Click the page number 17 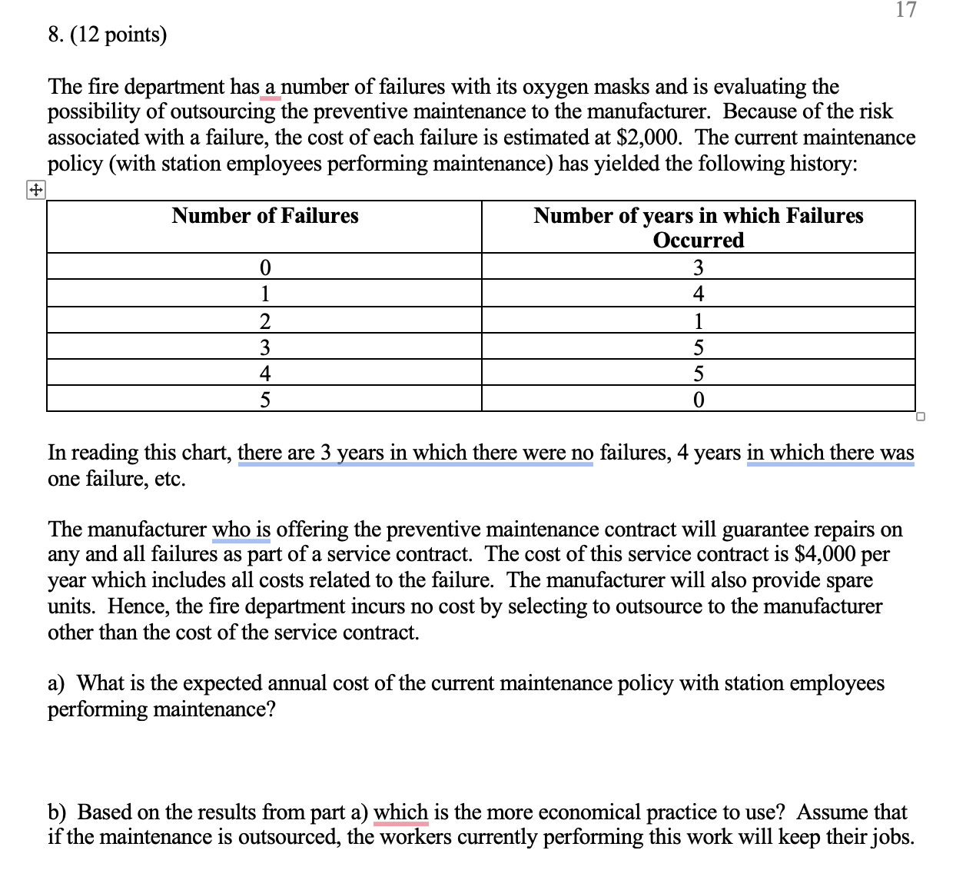(x=906, y=10)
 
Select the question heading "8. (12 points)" (x=107, y=35)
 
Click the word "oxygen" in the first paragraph (x=556, y=86)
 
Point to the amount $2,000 (x=648, y=138)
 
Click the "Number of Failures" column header (x=264, y=216)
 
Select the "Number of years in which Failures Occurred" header (x=698, y=227)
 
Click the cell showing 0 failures (x=264, y=267)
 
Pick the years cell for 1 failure (x=698, y=294)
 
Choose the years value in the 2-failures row (x=698, y=320)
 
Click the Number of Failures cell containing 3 (x=264, y=347)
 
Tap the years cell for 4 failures (x=698, y=374)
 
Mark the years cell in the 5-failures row (x=698, y=400)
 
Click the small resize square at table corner (x=921, y=417)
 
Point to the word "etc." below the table (x=170, y=479)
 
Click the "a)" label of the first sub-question (x=56, y=683)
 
